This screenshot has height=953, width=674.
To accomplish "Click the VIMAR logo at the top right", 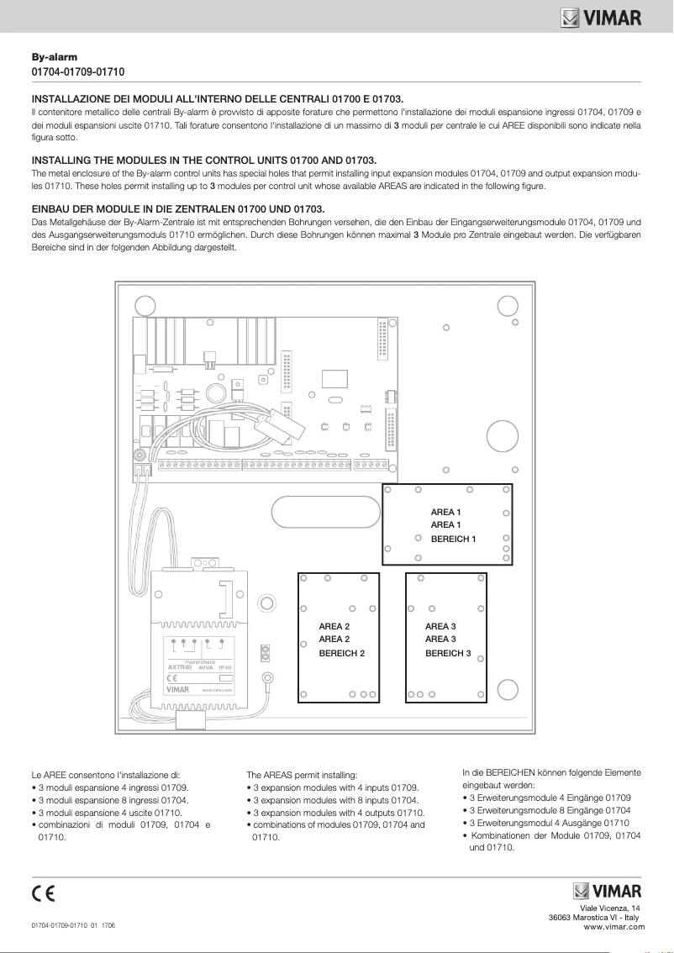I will (601, 17).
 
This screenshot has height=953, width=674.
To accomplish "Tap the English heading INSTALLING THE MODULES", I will (203, 160).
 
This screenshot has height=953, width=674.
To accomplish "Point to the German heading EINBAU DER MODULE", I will (177, 208).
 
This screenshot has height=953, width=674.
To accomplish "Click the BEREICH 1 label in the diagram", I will (453, 539).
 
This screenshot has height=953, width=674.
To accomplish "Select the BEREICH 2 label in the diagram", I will (342, 653).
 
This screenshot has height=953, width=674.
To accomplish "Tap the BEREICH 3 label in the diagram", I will (448, 653).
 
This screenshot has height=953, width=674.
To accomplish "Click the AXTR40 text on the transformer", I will (181, 667).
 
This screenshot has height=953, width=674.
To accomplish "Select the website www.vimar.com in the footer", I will (613, 927).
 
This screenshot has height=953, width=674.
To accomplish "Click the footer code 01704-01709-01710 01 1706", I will (74, 925).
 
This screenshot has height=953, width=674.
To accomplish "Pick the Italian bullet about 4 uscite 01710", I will (107, 813).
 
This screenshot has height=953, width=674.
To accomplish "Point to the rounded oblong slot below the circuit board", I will (324, 510).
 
